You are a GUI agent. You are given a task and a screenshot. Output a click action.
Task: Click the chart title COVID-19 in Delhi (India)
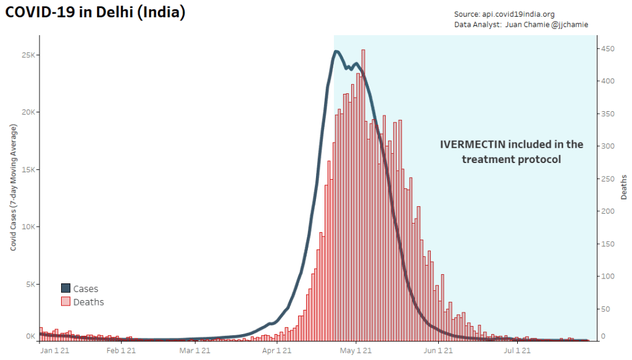pos(95,12)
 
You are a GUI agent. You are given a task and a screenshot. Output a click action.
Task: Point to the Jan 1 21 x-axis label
pos(53,351)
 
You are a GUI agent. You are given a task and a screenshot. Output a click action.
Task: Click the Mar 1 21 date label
pos(196,351)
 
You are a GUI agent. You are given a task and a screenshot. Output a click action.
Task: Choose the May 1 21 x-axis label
pos(356,351)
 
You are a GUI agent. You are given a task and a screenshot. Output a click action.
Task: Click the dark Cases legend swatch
pos(65,288)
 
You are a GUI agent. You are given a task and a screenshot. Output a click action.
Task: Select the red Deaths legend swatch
pos(65,302)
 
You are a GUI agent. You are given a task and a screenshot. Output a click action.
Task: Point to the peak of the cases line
pos(336,51)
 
